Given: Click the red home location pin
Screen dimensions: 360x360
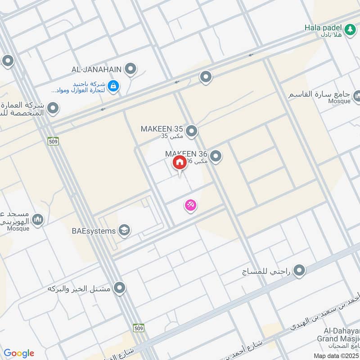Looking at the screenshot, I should pyautogui.click(x=179, y=163).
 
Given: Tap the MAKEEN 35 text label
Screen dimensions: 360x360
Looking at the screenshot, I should pyautogui.click(x=162, y=129).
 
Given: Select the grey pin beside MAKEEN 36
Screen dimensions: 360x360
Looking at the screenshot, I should pyautogui.click(x=216, y=156).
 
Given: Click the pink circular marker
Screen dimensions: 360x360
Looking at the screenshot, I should pyautogui.click(x=191, y=206).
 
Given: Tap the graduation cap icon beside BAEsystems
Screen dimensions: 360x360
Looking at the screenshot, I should pyautogui.click(x=123, y=230).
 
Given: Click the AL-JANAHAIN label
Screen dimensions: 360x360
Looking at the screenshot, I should pyautogui.click(x=97, y=69).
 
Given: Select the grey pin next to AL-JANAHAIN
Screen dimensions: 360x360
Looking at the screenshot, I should pyautogui.click(x=130, y=69).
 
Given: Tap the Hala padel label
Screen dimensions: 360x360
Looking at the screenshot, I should pyautogui.click(x=323, y=27).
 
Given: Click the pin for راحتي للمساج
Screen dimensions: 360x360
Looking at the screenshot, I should pyautogui.click(x=299, y=270).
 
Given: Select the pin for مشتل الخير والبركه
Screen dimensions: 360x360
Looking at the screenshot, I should pyautogui.click(x=119, y=288).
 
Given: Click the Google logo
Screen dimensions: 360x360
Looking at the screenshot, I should pyautogui.click(x=19, y=353).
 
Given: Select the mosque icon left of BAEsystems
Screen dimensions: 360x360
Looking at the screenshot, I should pyautogui.click(x=38, y=220).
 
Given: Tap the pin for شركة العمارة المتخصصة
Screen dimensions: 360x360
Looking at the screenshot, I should pyautogui.click(x=53, y=108).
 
